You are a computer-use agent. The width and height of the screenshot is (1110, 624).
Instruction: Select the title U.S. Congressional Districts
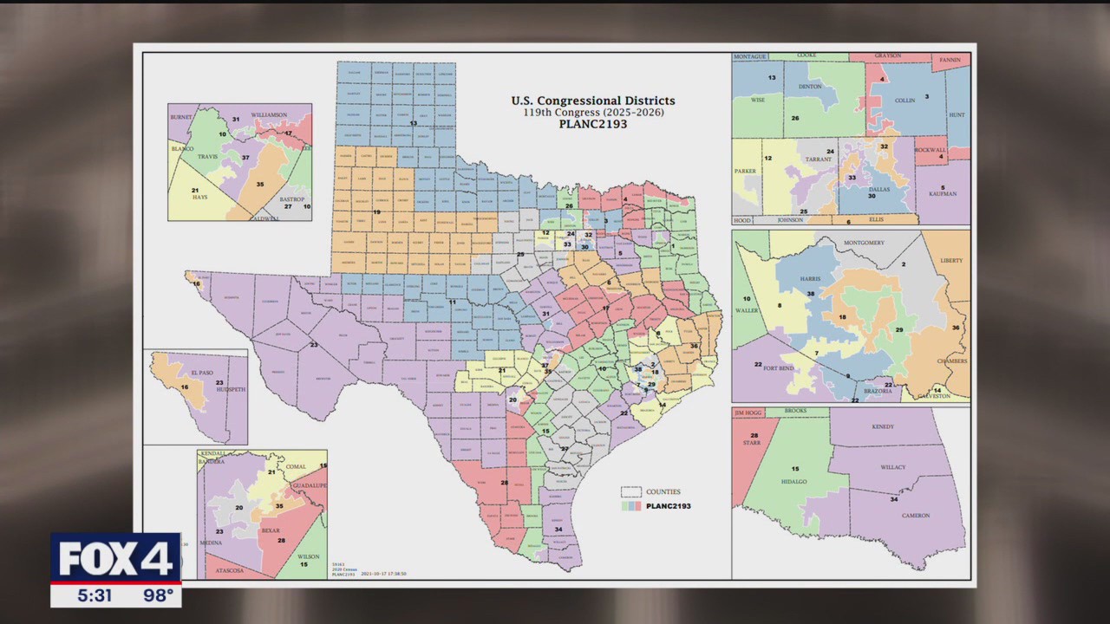click(592, 101)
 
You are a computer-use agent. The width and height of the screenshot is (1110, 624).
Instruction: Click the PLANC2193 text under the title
click(592, 124)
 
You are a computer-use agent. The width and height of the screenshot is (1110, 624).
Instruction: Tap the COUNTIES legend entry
click(663, 491)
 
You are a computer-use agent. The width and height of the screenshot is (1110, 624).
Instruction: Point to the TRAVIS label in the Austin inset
click(208, 157)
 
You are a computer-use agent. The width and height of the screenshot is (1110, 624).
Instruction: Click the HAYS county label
click(199, 198)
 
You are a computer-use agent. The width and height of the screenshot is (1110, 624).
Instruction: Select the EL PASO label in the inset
click(201, 372)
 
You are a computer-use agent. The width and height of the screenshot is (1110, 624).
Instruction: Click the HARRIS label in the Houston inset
click(810, 278)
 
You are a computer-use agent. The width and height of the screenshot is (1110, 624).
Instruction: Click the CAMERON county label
click(914, 516)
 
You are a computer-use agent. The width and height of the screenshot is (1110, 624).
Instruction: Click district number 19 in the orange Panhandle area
click(376, 212)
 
